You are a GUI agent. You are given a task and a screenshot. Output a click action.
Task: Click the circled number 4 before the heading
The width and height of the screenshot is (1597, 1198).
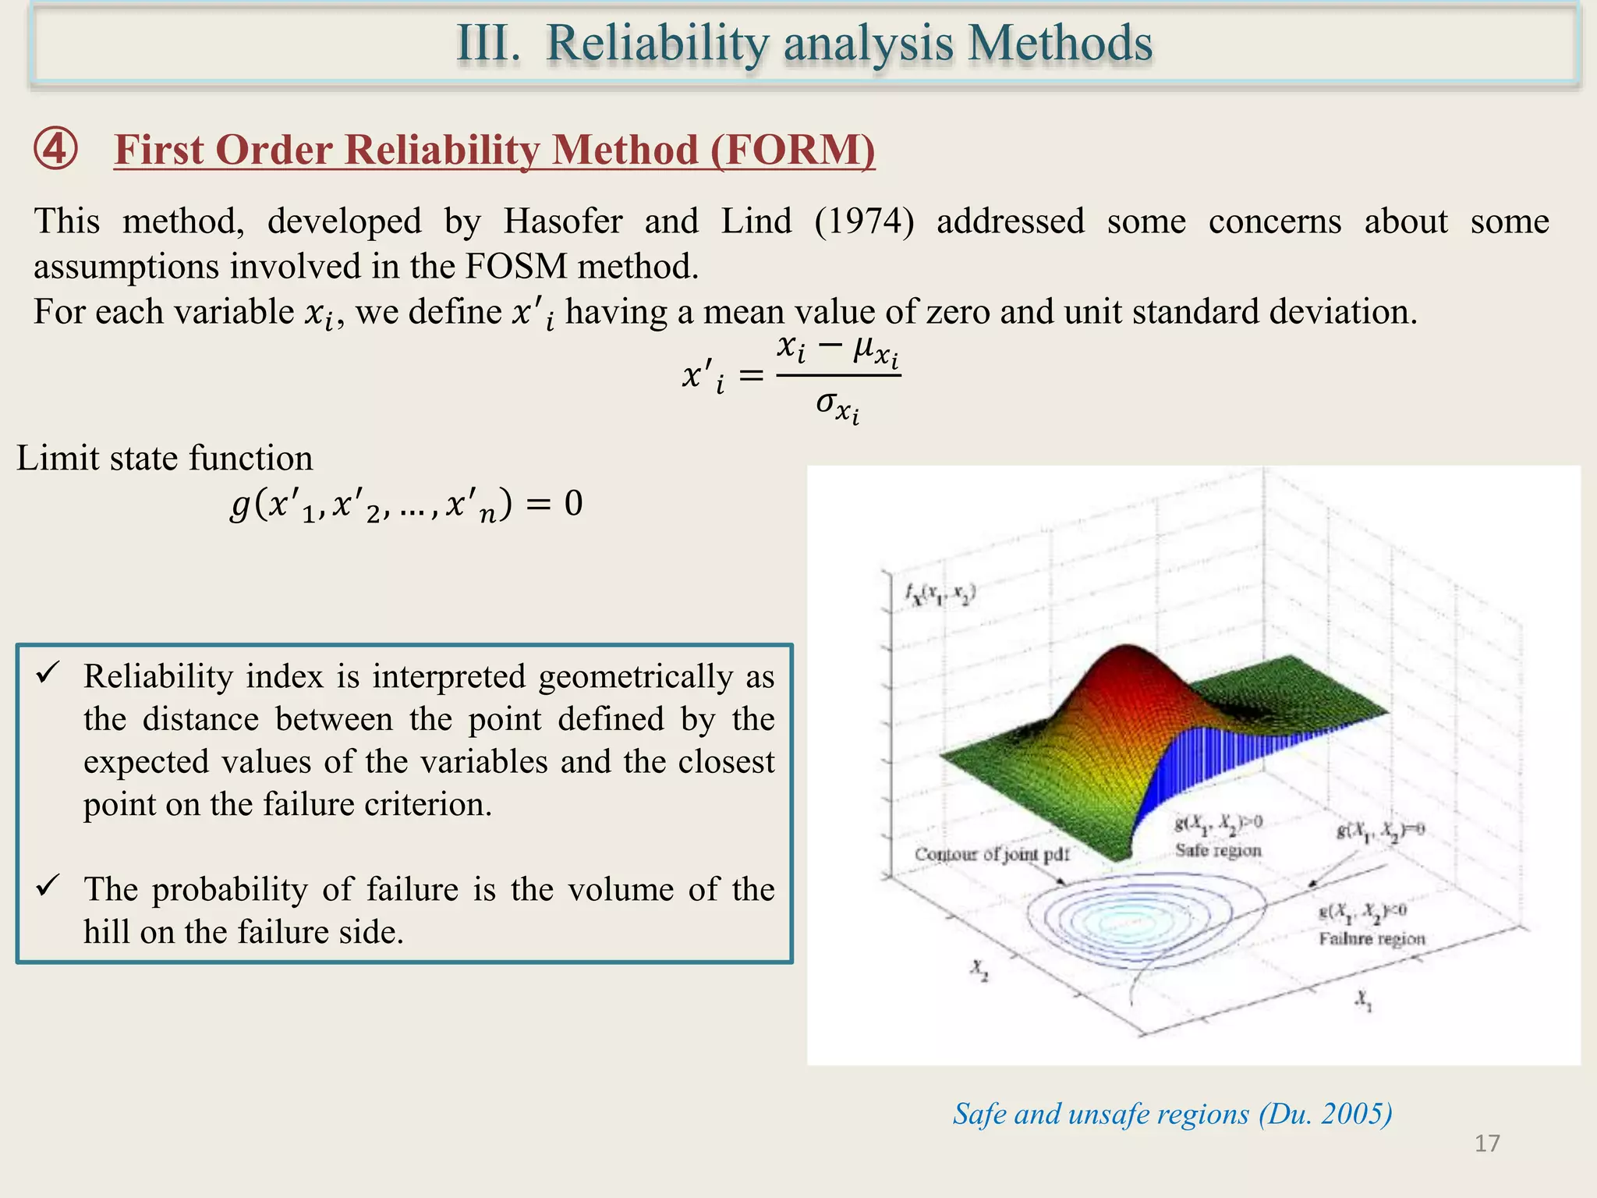[x=55, y=149]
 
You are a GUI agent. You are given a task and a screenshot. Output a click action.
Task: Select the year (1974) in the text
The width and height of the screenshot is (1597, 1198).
[x=864, y=222]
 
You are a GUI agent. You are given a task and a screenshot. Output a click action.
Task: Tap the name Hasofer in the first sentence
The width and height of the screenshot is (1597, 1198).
[x=562, y=222]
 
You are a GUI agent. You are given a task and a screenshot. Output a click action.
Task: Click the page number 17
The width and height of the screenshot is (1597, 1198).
[x=1487, y=1143]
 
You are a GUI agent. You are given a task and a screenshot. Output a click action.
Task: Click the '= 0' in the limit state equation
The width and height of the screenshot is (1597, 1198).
[x=555, y=504]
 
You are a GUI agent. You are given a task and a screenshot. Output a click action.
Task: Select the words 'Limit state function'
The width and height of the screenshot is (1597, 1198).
[x=165, y=458]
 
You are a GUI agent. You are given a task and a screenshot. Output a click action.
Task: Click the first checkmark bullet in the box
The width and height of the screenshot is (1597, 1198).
[x=48, y=673]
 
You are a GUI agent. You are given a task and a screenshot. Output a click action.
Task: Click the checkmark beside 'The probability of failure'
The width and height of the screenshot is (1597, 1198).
[x=48, y=886]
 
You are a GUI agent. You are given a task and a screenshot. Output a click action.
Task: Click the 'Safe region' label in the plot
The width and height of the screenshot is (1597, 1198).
[x=1217, y=850]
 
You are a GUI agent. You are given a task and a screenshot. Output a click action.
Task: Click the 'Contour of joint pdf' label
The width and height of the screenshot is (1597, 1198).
[x=991, y=854]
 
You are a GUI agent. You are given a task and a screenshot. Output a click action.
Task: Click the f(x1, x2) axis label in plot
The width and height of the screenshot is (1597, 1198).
[x=940, y=595]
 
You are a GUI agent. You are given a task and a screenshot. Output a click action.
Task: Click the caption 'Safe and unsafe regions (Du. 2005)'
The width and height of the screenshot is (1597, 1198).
[x=1172, y=1114]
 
